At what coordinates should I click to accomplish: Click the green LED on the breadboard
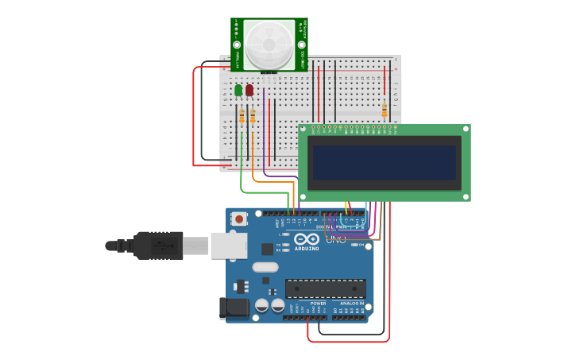(x=238, y=91)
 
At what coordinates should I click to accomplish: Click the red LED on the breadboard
(x=249, y=91)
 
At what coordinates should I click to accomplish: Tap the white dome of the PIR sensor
(x=269, y=44)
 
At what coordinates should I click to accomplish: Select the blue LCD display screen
(x=384, y=162)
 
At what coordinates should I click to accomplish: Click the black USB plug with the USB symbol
(x=158, y=245)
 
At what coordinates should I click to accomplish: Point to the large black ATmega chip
(x=326, y=288)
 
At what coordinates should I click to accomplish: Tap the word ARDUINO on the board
(x=306, y=249)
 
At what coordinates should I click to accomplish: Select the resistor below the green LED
(x=242, y=117)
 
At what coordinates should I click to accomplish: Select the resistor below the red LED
(x=253, y=117)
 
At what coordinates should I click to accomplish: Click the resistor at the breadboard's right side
(x=385, y=110)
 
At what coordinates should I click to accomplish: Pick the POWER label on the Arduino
(x=318, y=304)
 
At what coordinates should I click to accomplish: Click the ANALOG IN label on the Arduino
(x=352, y=304)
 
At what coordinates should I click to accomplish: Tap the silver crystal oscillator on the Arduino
(x=265, y=267)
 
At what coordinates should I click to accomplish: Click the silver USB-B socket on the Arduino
(x=229, y=246)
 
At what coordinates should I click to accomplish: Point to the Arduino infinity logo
(x=306, y=239)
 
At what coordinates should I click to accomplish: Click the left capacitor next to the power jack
(x=261, y=305)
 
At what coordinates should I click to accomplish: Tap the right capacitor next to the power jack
(x=277, y=305)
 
